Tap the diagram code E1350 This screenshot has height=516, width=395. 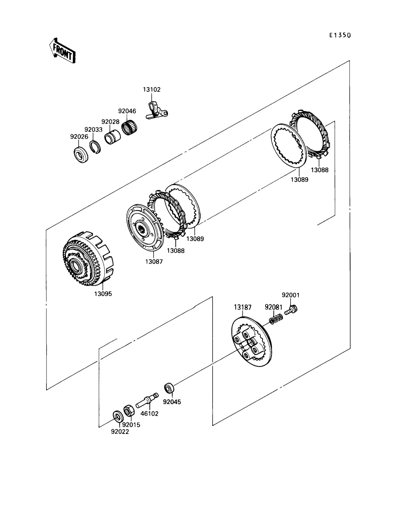340,35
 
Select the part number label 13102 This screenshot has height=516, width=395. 152,90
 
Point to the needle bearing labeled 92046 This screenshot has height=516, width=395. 129,127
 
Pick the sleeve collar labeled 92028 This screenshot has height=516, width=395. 112,137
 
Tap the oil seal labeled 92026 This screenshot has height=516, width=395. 81,155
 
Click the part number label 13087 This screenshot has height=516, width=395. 154,261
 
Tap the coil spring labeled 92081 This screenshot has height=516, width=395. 276,319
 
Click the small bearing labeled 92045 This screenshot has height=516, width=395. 169,388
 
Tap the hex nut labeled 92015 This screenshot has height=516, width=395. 129,411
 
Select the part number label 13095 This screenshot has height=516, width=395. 103,294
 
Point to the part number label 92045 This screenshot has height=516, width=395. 172,402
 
